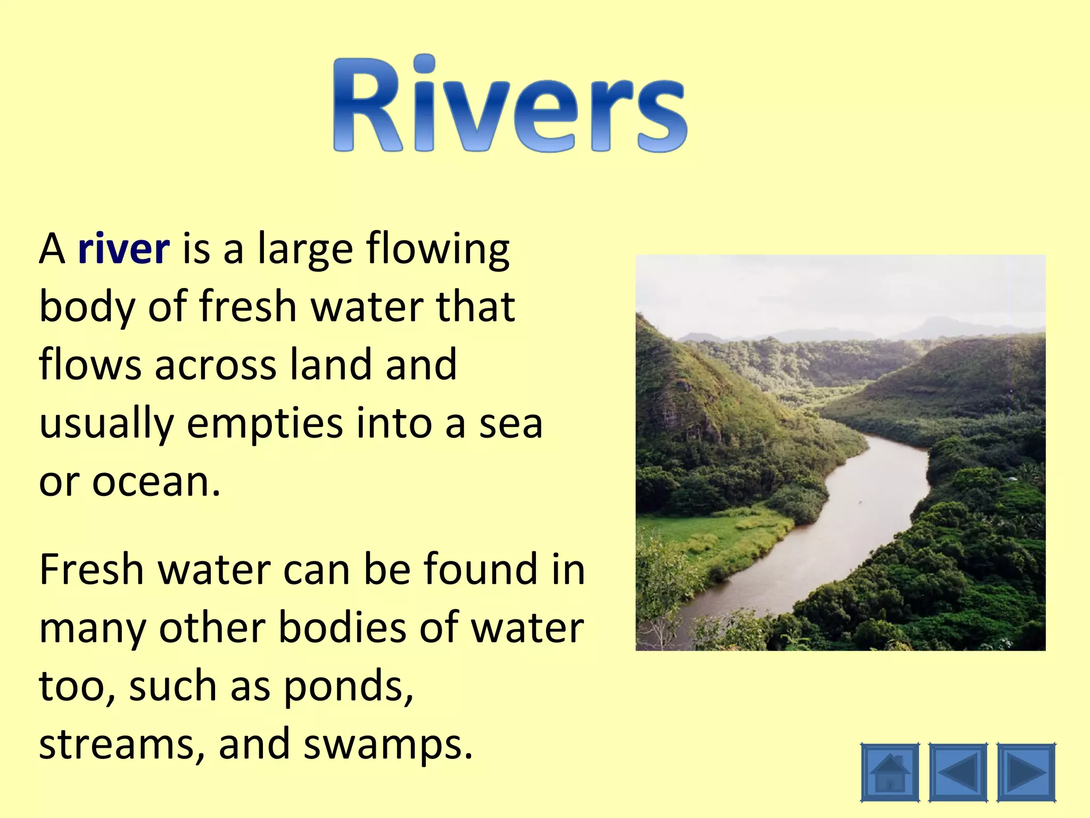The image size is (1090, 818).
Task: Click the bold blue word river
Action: [x=123, y=249]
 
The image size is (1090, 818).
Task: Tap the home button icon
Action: [x=889, y=772]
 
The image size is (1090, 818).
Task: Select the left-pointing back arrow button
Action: [x=958, y=772]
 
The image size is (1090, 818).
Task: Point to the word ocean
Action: [x=156, y=482]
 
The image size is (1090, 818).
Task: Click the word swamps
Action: [x=387, y=745]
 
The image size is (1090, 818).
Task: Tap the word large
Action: [x=305, y=250]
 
